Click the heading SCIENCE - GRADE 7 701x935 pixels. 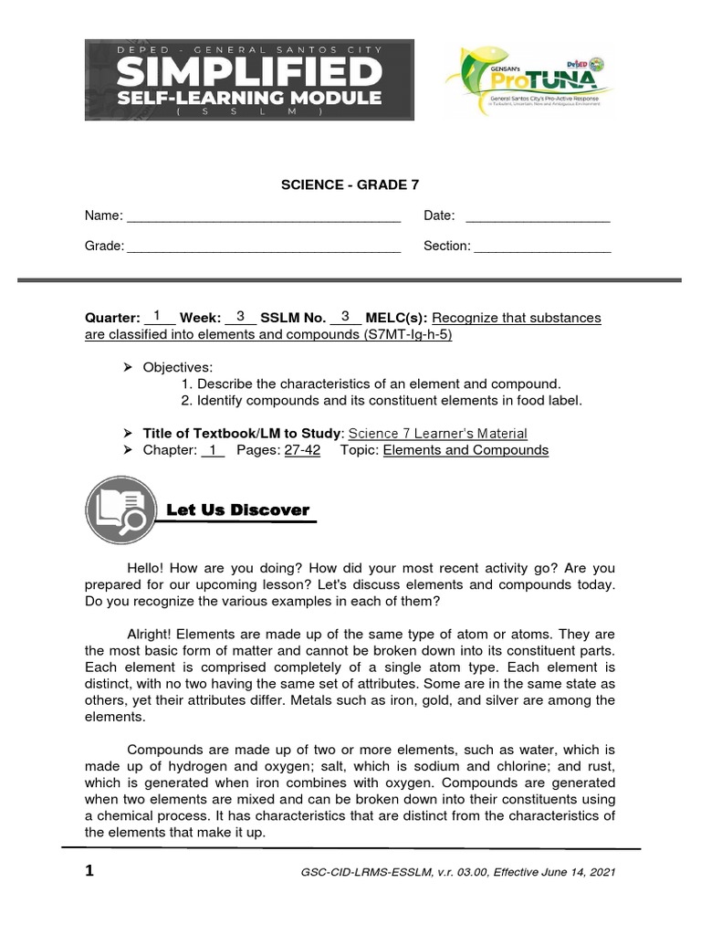[x=350, y=185]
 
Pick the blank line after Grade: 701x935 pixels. [x=263, y=247]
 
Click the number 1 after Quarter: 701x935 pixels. [x=157, y=317]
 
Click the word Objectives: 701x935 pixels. [x=177, y=367]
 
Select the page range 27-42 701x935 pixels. [x=302, y=450]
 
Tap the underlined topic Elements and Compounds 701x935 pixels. [x=466, y=450]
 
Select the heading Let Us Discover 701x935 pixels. [x=238, y=510]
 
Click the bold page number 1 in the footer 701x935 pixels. [x=89, y=871]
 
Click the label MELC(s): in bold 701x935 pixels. [x=396, y=318]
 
